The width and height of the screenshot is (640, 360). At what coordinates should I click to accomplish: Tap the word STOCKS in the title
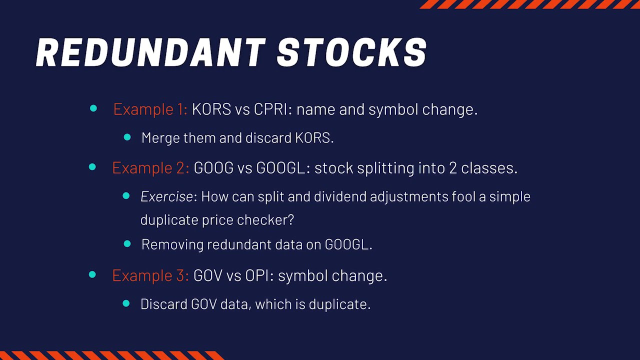pos(352,52)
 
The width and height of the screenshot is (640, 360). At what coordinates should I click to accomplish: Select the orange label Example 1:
pos(150,109)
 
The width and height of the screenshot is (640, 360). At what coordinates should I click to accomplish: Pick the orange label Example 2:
pos(150,167)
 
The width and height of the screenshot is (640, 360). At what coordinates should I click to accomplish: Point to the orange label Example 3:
pos(150,275)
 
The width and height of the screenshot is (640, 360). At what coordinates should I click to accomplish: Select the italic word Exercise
pos(167,196)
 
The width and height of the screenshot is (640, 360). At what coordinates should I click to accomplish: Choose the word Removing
pos(172,244)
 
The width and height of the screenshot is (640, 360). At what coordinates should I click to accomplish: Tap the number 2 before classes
pos(452,167)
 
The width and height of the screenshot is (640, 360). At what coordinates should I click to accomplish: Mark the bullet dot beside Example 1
pos(93,108)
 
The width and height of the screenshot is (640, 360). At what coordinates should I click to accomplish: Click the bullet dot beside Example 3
pos(92,274)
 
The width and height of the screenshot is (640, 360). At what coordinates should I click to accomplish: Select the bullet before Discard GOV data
pos(126,303)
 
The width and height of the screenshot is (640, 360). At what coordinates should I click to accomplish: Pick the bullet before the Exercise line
pos(126,195)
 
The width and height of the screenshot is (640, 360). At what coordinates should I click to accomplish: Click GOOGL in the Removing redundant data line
pos(348,244)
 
